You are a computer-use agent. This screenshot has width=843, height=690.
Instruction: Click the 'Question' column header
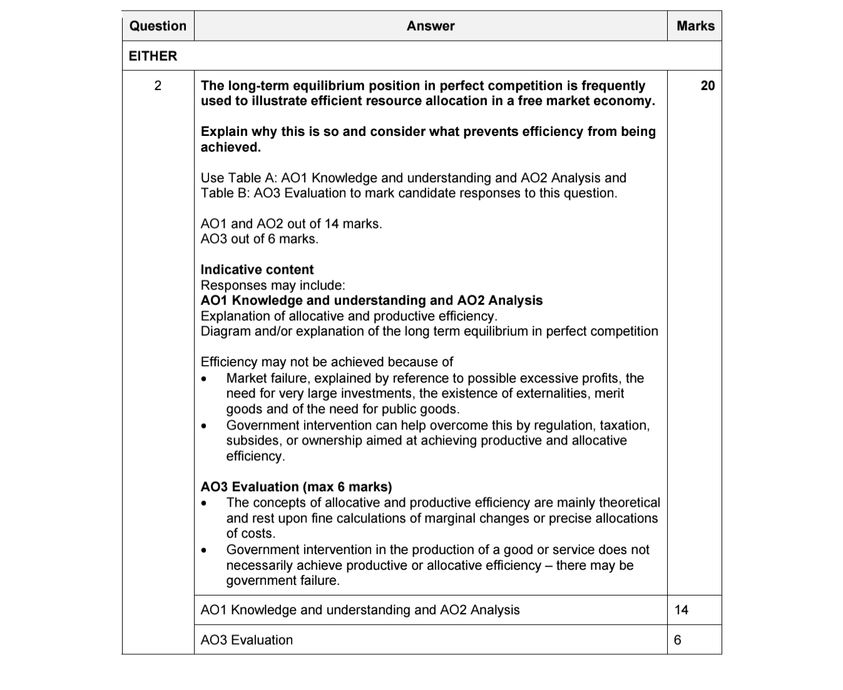pos(158,26)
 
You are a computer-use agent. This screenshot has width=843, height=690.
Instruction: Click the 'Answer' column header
pos(430,26)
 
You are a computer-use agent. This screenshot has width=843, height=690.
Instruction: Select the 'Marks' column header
pos(695,26)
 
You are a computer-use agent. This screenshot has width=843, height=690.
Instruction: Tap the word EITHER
pos(153,56)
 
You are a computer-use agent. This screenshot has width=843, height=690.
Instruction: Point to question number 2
pos(158,86)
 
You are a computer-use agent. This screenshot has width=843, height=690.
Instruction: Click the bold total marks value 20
pos(707,86)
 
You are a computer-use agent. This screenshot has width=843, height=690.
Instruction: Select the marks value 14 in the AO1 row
pos(682,610)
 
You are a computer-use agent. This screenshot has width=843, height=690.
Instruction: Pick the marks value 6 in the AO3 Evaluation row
pos(678,640)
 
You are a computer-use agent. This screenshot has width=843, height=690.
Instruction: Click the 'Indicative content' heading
pos(257,270)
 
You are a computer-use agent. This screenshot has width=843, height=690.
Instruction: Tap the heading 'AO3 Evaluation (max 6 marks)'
pos(296,487)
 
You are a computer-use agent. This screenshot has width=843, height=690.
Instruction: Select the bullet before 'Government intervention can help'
pos(204,426)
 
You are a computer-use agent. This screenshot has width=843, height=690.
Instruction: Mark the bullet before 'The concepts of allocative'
pos(204,503)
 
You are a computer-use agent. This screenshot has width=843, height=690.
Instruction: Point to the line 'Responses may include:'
pos(272,286)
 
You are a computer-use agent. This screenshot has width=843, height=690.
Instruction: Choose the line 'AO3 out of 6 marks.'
pos(259,239)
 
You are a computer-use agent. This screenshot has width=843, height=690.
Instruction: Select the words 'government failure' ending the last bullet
pos(282,580)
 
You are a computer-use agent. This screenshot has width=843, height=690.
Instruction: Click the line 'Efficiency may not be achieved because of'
pos(327,362)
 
